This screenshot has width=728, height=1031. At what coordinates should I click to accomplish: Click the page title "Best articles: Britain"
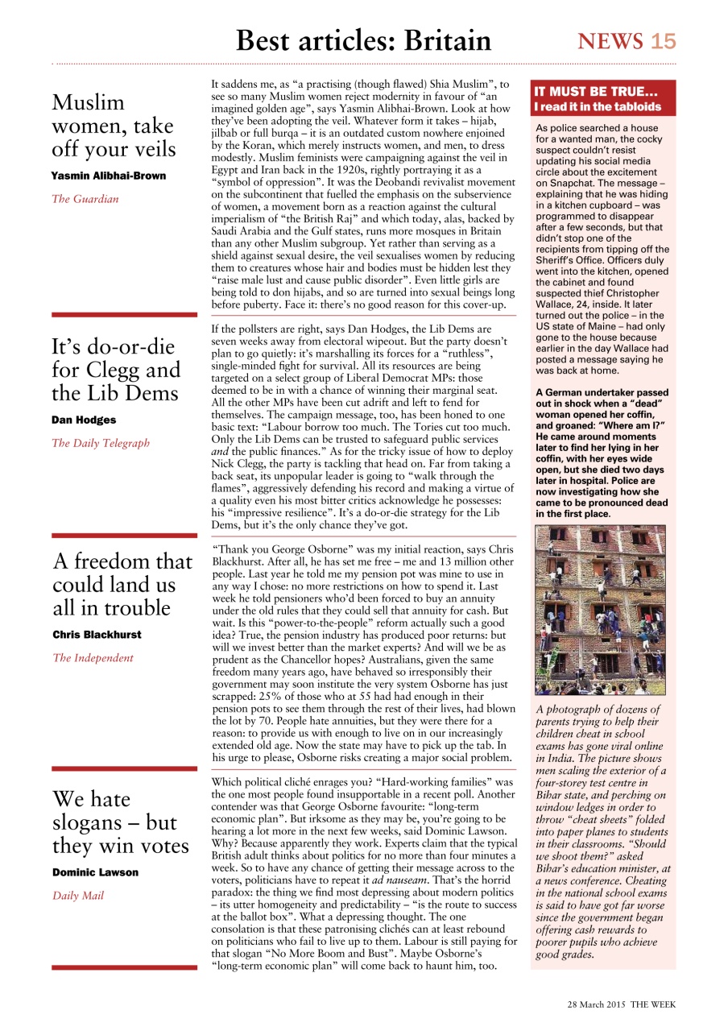click(x=363, y=40)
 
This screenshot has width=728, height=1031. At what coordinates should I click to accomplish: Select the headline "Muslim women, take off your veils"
click(x=113, y=126)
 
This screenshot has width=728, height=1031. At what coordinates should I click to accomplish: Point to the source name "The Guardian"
click(x=85, y=199)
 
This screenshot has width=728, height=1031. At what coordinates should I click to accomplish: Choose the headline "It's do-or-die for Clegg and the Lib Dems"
click(x=116, y=371)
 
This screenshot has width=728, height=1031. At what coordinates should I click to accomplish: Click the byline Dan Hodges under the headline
click(x=83, y=420)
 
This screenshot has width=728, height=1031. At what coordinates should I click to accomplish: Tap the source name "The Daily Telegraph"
click(x=101, y=443)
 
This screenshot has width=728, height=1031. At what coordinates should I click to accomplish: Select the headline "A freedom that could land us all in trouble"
click(x=122, y=584)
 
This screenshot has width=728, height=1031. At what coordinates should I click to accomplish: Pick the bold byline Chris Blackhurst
click(x=97, y=635)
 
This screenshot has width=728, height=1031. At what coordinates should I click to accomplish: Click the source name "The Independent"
click(x=93, y=658)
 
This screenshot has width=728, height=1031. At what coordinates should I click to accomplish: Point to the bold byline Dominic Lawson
click(x=95, y=872)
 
